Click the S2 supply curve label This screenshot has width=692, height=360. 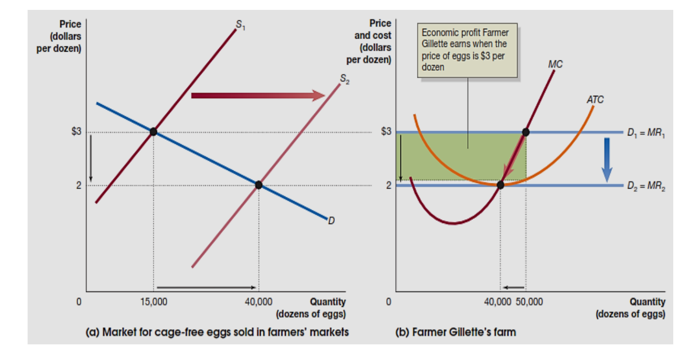[x=345, y=79]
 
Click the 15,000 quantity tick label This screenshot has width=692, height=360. [x=154, y=302]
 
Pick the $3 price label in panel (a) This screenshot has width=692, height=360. [x=77, y=131]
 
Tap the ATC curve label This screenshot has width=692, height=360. [x=595, y=100]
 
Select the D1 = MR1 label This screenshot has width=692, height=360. [x=646, y=133]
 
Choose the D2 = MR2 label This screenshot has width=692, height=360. [x=646, y=187]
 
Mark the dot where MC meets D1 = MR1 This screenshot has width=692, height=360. [x=525, y=132]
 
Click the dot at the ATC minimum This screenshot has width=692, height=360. [x=500, y=184]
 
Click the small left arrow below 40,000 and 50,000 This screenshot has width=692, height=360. [x=514, y=287]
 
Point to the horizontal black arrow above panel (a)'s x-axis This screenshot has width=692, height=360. [x=206, y=287]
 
